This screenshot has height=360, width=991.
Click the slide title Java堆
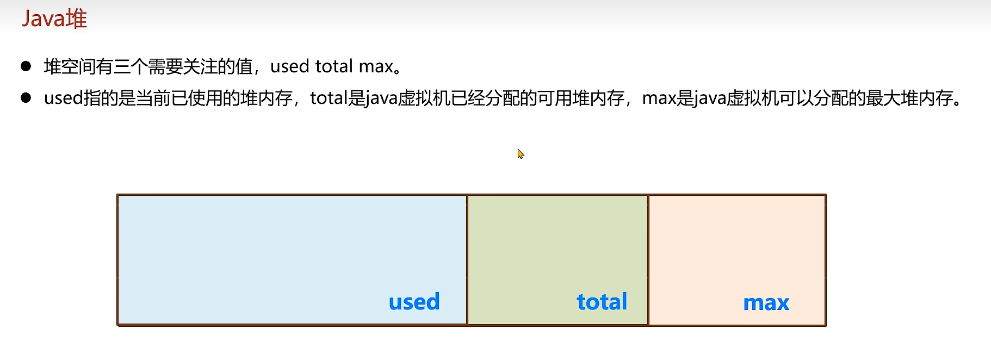point(54,19)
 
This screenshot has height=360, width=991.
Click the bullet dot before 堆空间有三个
point(26,66)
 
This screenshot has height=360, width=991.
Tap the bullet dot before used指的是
point(26,98)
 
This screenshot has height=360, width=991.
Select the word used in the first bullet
point(289,66)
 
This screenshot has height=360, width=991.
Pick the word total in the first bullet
point(334,66)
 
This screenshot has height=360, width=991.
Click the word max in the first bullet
point(376,66)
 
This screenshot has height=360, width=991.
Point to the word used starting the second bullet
point(63,98)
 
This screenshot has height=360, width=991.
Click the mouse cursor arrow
point(520,154)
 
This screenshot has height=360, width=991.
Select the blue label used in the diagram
point(414,302)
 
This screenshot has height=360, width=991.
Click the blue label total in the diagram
point(602,302)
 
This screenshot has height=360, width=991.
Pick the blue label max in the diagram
point(766,302)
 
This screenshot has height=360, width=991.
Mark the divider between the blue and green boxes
point(467,259)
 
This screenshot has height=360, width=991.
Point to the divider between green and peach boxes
point(648,259)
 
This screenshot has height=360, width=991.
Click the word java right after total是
point(381,98)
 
